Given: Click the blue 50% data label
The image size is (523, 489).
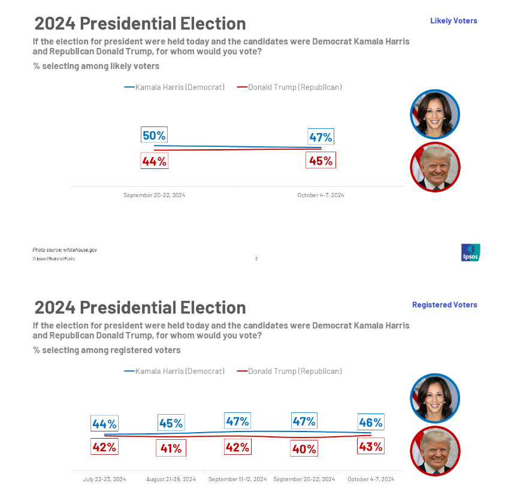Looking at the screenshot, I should [154, 135].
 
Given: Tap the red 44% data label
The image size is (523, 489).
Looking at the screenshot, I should [154, 161].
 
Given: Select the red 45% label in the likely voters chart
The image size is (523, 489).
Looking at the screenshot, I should [321, 161].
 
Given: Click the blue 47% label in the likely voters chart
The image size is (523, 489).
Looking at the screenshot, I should [321, 137].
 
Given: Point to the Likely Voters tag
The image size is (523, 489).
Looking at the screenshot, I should [454, 21].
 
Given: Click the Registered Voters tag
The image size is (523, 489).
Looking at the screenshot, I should [445, 305].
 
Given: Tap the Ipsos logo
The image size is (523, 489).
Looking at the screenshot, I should [470, 252].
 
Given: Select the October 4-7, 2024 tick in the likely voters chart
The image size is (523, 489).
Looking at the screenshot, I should [321, 195].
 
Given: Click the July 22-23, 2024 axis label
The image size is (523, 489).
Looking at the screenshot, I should [104, 479].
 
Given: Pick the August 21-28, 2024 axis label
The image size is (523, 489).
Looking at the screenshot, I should [171, 479].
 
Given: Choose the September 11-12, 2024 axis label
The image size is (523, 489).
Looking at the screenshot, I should [237, 479].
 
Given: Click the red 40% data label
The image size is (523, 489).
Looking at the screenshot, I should [304, 448].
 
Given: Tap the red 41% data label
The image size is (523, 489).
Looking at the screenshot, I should [171, 448].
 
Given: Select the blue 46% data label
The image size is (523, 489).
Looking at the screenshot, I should [370, 422].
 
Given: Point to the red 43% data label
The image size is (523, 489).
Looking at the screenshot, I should [370, 446].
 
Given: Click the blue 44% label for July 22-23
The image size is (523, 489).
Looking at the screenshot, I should [104, 424].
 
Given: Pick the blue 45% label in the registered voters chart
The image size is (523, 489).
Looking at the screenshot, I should [171, 423].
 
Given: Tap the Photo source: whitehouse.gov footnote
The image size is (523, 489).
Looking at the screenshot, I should [65, 249].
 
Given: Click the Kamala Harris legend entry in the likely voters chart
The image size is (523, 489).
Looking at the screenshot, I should [174, 87].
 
